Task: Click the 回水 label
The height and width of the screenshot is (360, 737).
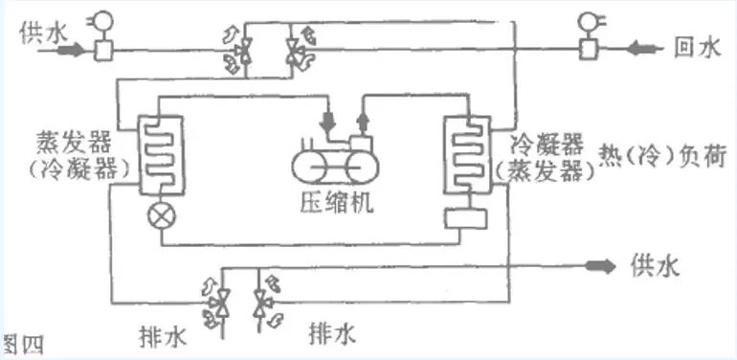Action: (x=696, y=47)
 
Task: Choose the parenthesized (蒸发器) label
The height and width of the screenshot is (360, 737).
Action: (x=542, y=172)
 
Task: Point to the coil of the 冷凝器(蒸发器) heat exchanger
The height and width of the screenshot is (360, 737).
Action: (x=465, y=153)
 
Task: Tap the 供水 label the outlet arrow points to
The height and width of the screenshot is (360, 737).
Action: (x=656, y=266)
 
